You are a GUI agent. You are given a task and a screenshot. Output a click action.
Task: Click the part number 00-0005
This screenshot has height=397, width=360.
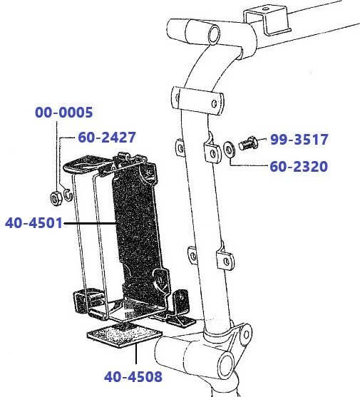(x=64, y=113)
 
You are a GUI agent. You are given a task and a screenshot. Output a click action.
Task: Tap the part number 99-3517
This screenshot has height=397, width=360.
(x=299, y=140)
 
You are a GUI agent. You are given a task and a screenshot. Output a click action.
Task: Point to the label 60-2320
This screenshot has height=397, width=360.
(x=299, y=167)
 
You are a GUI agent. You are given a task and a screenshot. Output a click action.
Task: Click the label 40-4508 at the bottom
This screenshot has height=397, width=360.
(x=133, y=376)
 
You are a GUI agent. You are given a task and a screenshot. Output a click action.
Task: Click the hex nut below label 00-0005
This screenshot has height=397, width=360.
(x=55, y=195)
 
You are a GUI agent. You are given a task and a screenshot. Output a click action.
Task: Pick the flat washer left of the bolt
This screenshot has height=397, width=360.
(x=229, y=150)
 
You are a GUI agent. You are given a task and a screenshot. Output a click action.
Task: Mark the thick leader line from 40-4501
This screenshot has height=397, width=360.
(x=93, y=223)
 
